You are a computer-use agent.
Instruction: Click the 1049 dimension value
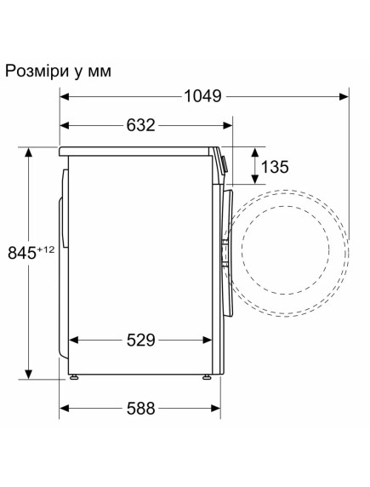pos(202,96)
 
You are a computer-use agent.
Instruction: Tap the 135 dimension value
pos(275,166)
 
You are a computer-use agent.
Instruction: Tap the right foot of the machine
pos(207,376)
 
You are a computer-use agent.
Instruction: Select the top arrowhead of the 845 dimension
pos(29,151)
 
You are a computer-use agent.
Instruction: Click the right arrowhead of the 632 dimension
pos(230,125)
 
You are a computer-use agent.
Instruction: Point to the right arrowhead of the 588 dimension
pos(210,408)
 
